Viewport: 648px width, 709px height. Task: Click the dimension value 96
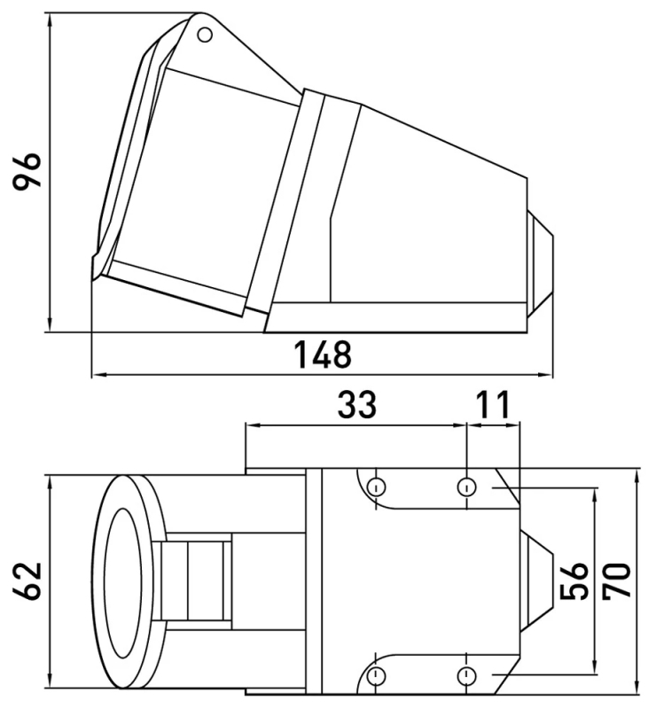point(27,171)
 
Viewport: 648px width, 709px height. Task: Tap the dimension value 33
point(356,404)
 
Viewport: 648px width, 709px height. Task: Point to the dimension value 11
point(494,404)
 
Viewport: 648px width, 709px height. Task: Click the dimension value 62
point(27,581)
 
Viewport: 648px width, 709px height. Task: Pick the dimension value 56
point(574,580)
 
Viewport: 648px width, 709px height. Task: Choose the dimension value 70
point(616,580)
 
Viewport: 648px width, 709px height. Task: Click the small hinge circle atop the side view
point(205,35)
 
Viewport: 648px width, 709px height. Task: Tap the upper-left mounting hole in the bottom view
point(376,487)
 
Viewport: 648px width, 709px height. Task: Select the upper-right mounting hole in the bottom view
point(466,487)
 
